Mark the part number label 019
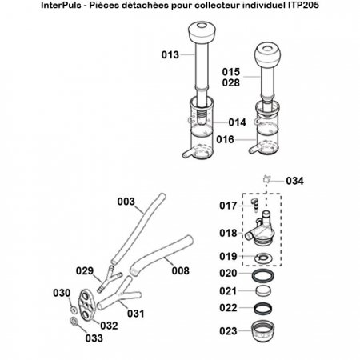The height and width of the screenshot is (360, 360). pyautogui.click(x=228, y=258)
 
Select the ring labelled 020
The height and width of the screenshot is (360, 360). pyautogui.click(x=262, y=274)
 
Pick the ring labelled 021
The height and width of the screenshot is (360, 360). pyautogui.click(x=262, y=291)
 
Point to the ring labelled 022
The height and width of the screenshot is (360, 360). pyautogui.click(x=262, y=309)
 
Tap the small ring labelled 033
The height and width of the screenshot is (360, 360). pyautogui.click(x=74, y=322)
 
